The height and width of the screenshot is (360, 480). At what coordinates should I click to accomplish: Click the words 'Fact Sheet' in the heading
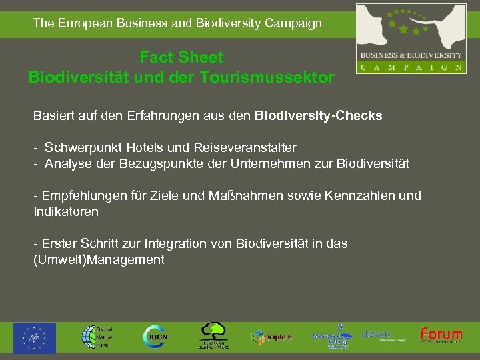tap(181, 57)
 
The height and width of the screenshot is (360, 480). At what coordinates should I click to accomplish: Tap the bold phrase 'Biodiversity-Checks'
tap(318, 115)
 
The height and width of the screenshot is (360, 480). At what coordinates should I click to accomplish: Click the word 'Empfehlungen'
tap(83, 196)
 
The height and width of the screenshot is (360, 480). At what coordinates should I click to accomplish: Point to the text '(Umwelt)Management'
tap(99, 260)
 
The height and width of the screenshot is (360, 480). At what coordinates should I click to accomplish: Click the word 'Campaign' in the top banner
tap(293, 23)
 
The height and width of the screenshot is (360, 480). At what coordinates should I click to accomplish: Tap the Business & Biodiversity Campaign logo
tap(411, 38)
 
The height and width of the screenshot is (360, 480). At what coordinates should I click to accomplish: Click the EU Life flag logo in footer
tap(35, 337)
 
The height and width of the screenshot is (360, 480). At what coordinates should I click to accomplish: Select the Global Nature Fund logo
tap(97, 337)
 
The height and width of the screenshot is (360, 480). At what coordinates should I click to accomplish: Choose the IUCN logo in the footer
tap(154, 337)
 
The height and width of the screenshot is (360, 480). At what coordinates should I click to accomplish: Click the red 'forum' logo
tap(441, 335)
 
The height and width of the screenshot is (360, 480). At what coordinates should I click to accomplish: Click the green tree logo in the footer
tap(214, 336)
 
